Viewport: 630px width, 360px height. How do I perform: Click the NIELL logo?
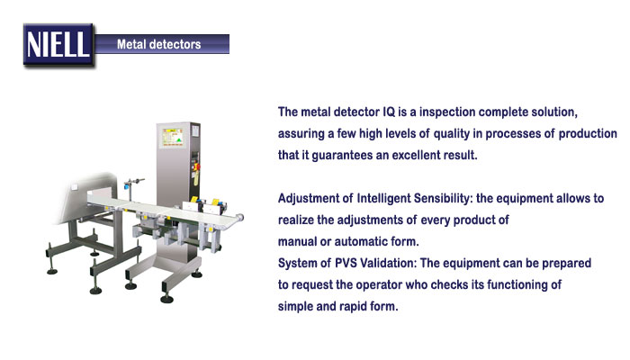[58, 45]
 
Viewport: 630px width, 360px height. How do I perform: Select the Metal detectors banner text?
[158, 44]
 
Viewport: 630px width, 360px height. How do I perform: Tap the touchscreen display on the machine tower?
[173, 137]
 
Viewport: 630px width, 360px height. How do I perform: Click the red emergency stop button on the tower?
[197, 166]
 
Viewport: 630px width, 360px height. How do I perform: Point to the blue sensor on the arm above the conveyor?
[127, 186]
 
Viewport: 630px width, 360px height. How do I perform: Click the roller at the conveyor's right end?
[240, 218]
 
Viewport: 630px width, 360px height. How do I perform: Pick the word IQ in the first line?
[389, 112]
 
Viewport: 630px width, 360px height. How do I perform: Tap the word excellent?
[416, 155]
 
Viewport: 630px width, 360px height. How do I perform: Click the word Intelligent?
[383, 199]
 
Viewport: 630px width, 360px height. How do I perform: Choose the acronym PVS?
[346, 263]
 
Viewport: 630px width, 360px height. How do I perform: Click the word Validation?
[388, 263]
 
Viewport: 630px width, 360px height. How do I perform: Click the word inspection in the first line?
[447, 112]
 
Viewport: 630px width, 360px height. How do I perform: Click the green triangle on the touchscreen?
[178, 139]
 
